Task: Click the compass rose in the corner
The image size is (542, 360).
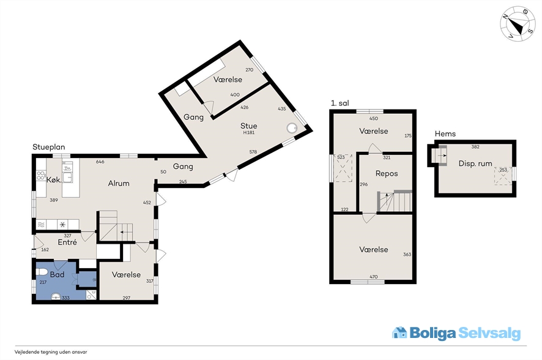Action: click(518, 23)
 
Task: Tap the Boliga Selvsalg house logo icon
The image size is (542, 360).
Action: click(399, 332)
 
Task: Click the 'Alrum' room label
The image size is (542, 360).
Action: click(119, 183)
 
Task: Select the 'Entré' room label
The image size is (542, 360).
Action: click(67, 242)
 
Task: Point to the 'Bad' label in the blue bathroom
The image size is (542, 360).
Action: click(57, 274)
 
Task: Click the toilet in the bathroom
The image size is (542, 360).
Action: click(41, 271)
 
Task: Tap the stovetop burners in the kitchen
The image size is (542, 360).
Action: click(41, 175)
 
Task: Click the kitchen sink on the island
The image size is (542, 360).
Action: click(67, 178)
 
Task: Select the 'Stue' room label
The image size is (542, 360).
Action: click(249, 126)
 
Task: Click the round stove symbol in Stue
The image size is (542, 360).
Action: click(292, 127)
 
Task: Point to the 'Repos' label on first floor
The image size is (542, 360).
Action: click(387, 174)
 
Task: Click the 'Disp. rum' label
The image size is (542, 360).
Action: click(475, 163)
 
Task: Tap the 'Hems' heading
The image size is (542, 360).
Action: click(445, 134)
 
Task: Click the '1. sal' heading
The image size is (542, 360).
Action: click(340, 103)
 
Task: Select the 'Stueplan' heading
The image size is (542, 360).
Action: click(49, 147)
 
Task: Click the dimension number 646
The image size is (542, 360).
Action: click(100, 162)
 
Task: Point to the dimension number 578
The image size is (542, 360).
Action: click(253, 152)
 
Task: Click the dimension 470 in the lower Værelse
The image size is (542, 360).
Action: click(374, 277)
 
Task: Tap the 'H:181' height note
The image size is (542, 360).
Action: click(249, 132)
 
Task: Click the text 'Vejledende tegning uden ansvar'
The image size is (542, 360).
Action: click(51, 352)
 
